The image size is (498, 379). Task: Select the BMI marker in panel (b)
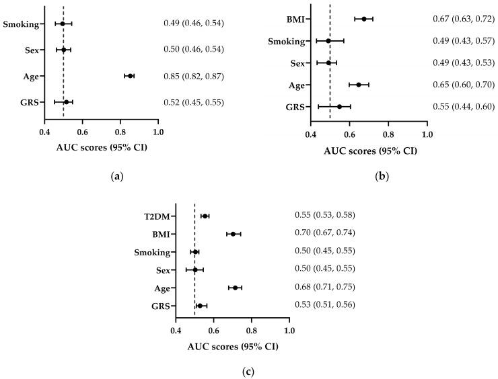(364, 19)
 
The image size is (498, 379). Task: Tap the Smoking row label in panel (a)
(20, 24)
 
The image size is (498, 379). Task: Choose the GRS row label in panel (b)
(295, 107)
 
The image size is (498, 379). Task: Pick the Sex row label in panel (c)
(163, 270)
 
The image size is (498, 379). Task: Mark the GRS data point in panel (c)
(200, 306)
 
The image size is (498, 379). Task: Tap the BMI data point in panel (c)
(234, 234)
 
